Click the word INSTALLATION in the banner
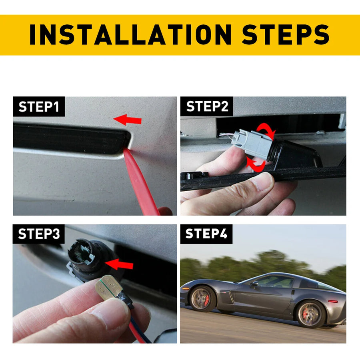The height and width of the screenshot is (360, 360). tap(130, 34)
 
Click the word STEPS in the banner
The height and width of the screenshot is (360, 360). tap(285, 34)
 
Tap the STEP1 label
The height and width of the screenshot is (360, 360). tap(39, 107)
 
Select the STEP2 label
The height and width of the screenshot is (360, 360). tap(207, 106)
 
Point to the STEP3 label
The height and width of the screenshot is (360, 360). tap(39, 234)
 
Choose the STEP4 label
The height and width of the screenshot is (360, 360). tap(206, 234)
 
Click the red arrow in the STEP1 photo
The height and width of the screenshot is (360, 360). tap(128, 120)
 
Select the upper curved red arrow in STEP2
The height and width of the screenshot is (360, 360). tap(267, 130)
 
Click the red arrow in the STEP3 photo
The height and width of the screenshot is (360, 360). tap(119, 264)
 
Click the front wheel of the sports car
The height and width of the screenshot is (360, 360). tap(202, 298)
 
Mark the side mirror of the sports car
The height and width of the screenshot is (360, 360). tap(254, 284)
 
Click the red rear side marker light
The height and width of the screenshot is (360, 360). tap(333, 301)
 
